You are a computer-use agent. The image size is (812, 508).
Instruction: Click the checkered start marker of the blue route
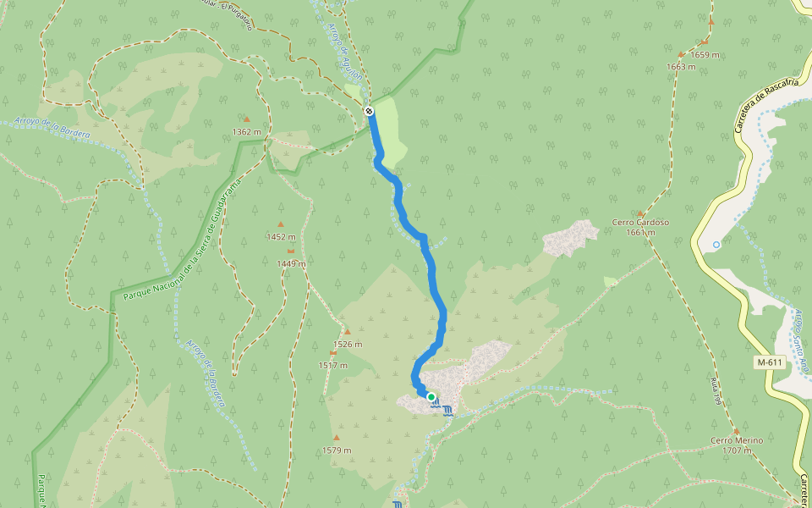tap(370, 111)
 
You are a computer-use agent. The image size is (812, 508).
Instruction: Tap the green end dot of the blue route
tap(431, 396)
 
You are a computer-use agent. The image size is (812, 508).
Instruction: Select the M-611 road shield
tap(770, 362)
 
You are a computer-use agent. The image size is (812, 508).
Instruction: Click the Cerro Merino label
tap(737, 440)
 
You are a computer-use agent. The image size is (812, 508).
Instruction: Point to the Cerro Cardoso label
tap(640, 223)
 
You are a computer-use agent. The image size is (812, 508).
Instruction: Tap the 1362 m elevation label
tap(247, 132)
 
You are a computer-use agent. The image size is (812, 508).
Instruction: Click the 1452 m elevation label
tap(281, 237)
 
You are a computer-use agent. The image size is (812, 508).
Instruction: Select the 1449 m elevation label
tap(291, 263)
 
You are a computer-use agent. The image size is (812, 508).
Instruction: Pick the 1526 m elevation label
tap(347, 344)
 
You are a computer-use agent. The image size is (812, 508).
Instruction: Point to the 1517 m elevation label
tap(333, 365)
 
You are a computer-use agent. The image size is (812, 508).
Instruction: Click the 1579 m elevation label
tap(337, 450)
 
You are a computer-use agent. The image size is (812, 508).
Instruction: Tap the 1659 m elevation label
tap(705, 55)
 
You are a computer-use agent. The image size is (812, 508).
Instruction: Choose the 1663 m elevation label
tap(681, 67)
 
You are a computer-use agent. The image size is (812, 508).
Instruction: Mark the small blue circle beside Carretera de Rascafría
tap(716, 245)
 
